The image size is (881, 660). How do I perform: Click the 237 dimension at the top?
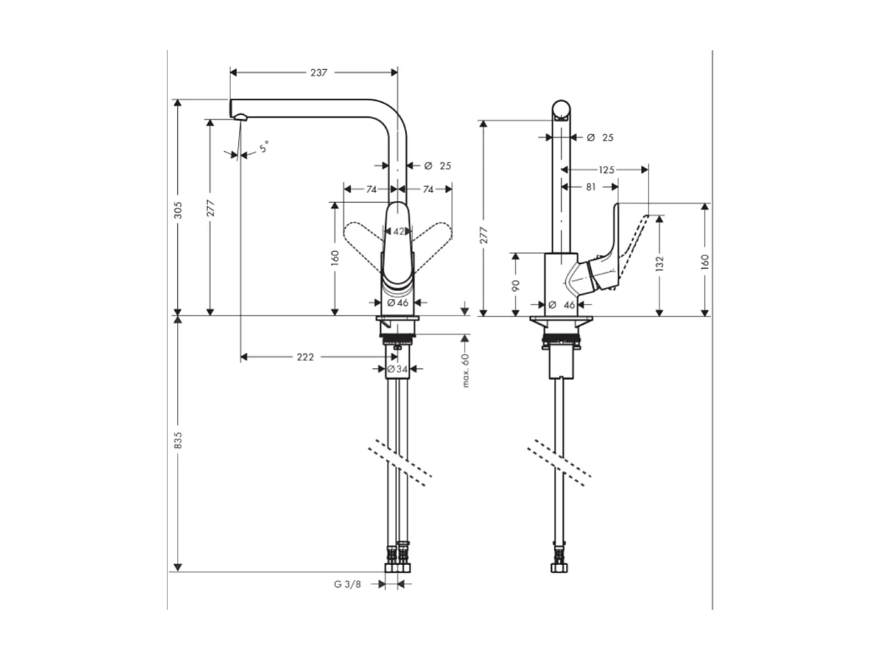click(319, 72)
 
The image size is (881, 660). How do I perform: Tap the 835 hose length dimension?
click(178, 440)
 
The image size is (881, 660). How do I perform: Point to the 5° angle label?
click(263, 148)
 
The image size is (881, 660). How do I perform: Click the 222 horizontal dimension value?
click(305, 357)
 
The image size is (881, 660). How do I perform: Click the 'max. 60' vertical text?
click(466, 370)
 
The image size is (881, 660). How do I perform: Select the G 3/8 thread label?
click(347, 584)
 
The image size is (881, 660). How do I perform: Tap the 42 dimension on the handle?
click(398, 231)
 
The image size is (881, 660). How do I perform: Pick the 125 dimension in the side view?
click(606, 169)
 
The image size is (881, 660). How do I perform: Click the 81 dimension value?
click(590, 187)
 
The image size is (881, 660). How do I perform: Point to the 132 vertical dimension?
click(660, 263)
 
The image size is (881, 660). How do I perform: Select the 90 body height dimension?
click(515, 285)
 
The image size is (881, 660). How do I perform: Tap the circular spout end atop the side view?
click(561, 110)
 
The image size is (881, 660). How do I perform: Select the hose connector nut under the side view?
click(560, 565)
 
